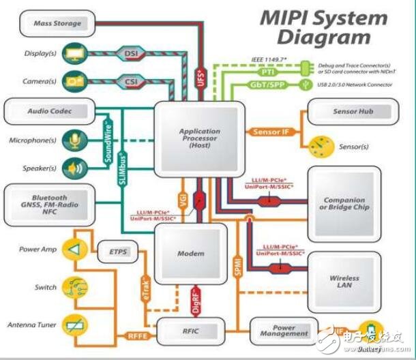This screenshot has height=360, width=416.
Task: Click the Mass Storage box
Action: pyautogui.click(x=57, y=23)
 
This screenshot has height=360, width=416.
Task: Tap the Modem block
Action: pyautogui.click(x=190, y=254)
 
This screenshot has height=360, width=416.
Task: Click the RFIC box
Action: pyautogui.click(x=190, y=331)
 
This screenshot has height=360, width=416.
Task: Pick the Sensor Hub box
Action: pyautogui.click(x=353, y=111)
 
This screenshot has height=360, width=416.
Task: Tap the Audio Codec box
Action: pyautogui.click(x=49, y=110)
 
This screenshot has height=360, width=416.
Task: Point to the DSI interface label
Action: pyautogui.click(x=130, y=52)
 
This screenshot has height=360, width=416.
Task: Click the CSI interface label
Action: pyautogui.click(x=130, y=82)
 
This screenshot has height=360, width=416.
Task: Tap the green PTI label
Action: pyautogui.click(x=267, y=70)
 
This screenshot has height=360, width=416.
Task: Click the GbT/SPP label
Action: pyautogui.click(x=267, y=86)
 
